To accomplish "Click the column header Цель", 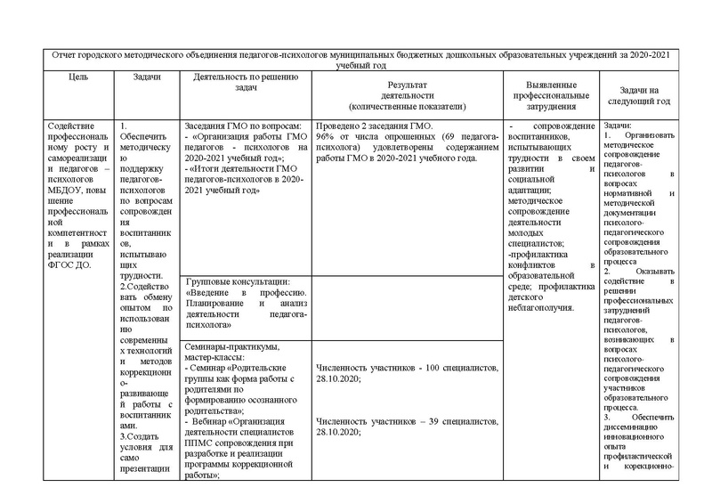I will [x=77, y=78].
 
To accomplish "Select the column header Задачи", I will [x=147, y=78].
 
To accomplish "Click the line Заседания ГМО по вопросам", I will [x=242, y=127].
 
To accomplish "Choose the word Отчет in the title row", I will [x=66, y=55].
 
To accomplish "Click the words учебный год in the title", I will [x=360, y=65].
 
